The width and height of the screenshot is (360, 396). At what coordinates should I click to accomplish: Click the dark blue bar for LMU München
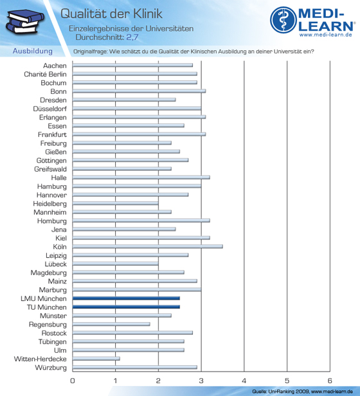click(x=126, y=298)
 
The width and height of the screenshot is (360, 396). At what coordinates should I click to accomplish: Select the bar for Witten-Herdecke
click(x=96, y=359)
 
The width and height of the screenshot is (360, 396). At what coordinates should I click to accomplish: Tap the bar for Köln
click(x=148, y=246)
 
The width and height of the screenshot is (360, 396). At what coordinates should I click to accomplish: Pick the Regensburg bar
click(x=111, y=324)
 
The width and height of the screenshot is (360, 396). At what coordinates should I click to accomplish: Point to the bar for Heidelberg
click(x=116, y=203)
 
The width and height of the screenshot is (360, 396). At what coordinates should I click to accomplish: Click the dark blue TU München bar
click(x=126, y=307)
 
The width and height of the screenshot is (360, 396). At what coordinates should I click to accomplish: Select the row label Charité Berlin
click(x=45, y=75)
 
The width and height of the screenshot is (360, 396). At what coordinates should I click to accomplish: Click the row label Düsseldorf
click(x=50, y=109)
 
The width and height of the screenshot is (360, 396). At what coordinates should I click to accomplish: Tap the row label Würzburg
click(x=51, y=368)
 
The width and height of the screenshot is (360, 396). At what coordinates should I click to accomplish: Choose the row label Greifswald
click(x=51, y=169)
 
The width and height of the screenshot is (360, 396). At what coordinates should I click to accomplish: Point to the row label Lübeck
click(x=55, y=264)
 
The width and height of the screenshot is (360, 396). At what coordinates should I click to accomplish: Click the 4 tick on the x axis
click(x=244, y=381)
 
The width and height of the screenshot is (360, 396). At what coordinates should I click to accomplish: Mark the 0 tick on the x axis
click(x=73, y=381)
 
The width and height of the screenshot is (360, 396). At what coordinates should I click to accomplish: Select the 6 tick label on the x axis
click(x=329, y=381)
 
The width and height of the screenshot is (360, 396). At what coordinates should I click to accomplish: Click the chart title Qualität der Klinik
click(x=111, y=14)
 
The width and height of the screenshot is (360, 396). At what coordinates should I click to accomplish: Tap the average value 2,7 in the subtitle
click(x=132, y=37)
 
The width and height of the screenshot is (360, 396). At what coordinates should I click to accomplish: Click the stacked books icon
click(x=25, y=22)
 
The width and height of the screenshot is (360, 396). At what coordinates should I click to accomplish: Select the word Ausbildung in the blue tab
click(x=33, y=51)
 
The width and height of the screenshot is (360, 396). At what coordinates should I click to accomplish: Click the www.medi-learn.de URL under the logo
click(x=326, y=35)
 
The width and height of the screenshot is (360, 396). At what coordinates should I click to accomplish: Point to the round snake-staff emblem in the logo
click(x=283, y=20)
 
